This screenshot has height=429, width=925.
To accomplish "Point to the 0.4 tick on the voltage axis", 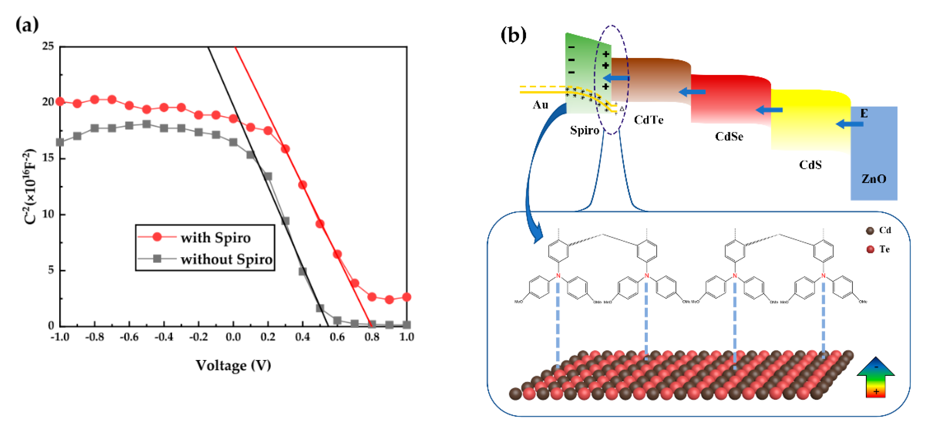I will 302,337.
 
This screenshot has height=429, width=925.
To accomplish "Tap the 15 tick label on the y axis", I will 48,158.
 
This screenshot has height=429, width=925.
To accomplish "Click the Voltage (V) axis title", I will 233,365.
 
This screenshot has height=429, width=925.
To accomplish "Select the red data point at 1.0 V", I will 406,297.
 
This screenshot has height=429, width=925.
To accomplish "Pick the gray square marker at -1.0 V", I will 60,142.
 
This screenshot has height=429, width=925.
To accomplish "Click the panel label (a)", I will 27,25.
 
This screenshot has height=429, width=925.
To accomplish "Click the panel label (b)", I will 513,35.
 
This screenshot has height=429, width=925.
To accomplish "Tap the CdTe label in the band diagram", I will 648,120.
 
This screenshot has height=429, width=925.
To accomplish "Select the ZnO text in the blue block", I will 873,179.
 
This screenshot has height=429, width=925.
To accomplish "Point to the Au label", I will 540,105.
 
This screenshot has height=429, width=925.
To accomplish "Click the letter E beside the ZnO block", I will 864,114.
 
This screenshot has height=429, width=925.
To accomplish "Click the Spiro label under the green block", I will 584,130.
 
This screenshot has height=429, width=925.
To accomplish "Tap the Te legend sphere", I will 870,249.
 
